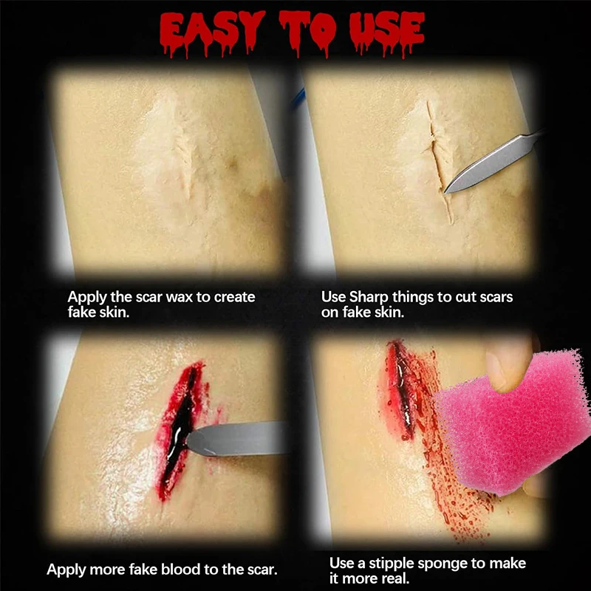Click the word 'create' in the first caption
pyautogui.click(x=234, y=297)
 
